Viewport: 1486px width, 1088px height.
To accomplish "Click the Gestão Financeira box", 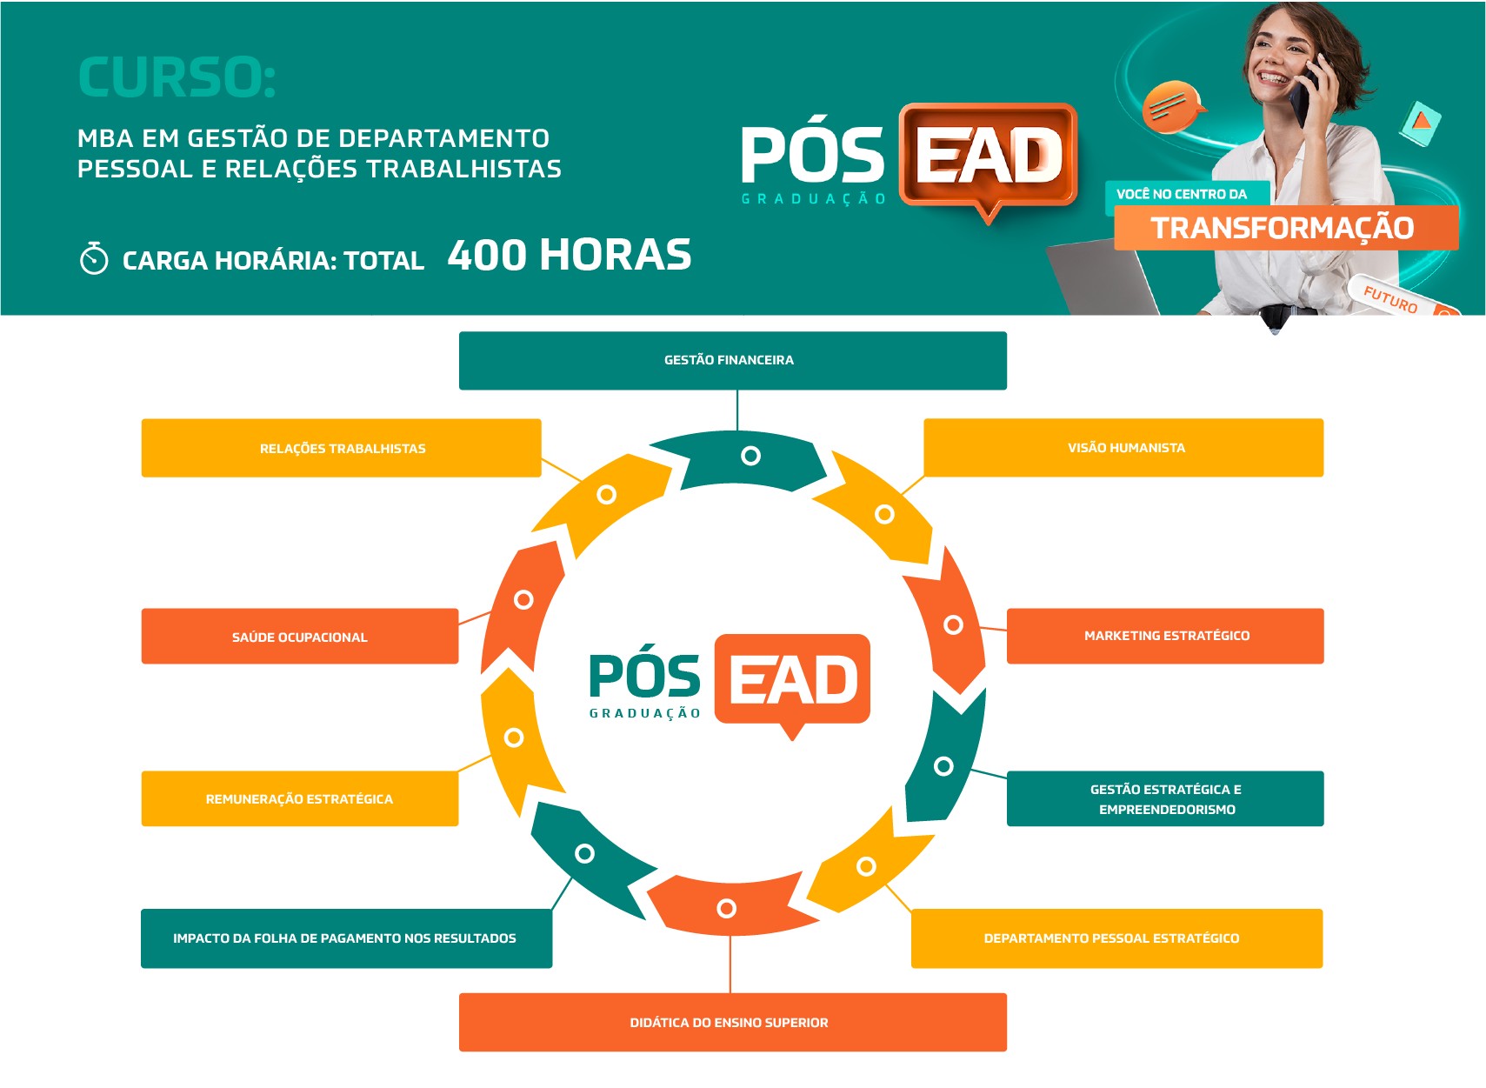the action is pyautogui.click(x=732, y=360).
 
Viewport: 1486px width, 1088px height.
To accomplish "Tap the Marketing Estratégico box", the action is pyautogui.click(x=1165, y=636).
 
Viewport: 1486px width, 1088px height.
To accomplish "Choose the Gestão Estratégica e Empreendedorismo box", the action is pyautogui.click(x=1165, y=798).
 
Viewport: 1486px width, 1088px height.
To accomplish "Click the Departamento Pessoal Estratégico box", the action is pyautogui.click(x=1116, y=938).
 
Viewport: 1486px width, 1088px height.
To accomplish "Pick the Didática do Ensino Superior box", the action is pyautogui.click(x=732, y=1022).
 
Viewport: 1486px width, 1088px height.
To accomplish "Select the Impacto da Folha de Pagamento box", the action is pyautogui.click(x=346, y=938).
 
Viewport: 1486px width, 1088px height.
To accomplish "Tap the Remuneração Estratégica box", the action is pyautogui.click(x=300, y=798).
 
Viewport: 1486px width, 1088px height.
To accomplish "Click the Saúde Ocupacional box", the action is pyautogui.click(x=300, y=636).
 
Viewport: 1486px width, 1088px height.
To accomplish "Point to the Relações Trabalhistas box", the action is pyautogui.click(x=341, y=448).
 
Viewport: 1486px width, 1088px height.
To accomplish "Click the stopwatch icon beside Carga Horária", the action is pyautogui.click(x=94, y=258).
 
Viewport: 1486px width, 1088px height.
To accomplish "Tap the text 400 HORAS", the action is pyautogui.click(x=570, y=256).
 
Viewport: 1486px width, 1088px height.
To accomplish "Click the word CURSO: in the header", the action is pyautogui.click(x=177, y=77).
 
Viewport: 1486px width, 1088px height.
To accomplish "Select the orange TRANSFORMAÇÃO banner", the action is pyautogui.click(x=1286, y=228).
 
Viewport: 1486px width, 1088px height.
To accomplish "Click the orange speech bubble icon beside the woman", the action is pyautogui.click(x=1172, y=106).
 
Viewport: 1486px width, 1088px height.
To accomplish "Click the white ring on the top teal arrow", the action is pyautogui.click(x=750, y=456).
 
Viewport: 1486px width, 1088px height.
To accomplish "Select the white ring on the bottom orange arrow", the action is pyautogui.click(x=726, y=908).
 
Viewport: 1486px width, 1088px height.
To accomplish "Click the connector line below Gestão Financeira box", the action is pyautogui.click(x=737, y=411).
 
